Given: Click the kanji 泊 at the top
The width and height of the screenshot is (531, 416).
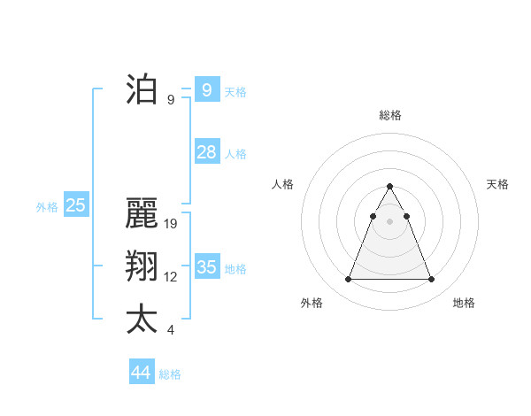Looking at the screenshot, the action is (141, 90).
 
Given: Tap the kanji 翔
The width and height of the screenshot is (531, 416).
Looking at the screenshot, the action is (141, 267).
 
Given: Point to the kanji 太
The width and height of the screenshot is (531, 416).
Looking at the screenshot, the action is (141, 320).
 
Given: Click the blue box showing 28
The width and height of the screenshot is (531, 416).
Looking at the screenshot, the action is (207, 152).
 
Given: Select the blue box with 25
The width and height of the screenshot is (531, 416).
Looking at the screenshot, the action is (76, 205).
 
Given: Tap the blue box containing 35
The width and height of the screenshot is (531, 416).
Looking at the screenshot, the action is (207, 266).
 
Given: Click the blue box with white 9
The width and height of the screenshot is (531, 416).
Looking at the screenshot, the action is (207, 89).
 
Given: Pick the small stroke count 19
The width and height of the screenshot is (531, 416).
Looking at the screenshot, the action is (171, 224).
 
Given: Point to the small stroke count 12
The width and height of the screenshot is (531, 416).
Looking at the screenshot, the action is (171, 277).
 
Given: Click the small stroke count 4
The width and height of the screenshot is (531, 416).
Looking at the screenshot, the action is (171, 330).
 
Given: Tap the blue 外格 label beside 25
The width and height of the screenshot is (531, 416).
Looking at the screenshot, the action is (47, 207).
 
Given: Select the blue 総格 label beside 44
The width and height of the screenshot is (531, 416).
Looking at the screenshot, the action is (170, 374).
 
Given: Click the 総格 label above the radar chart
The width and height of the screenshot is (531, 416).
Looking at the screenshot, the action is (390, 116).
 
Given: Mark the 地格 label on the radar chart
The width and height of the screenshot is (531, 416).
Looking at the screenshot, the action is (464, 304).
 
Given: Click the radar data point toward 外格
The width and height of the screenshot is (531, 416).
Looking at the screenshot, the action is (349, 280).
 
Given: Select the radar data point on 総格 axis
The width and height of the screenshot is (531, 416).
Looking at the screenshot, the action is (390, 187).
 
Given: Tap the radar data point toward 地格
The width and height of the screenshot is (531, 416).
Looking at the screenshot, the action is (431, 280).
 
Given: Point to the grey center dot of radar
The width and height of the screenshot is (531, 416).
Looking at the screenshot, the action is (390, 220).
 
